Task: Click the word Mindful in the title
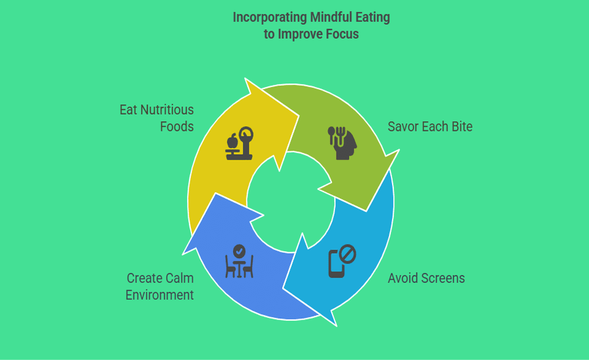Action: click(x=330, y=17)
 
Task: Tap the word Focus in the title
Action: click(x=341, y=34)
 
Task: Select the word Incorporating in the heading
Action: click(x=269, y=17)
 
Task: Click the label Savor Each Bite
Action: click(x=429, y=126)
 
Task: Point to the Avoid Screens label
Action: click(x=426, y=278)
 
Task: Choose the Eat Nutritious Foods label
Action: click(x=156, y=118)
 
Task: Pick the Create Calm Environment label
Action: click(x=160, y=286)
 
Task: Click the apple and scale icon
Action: click(x=239, y=144)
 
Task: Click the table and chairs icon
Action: click(x=239, y=261)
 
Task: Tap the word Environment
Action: click(x=160, y=295)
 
